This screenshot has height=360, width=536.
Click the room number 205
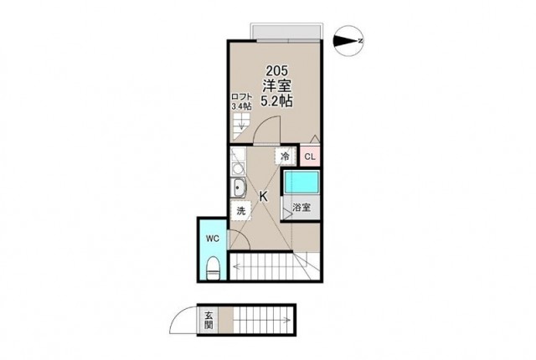277,71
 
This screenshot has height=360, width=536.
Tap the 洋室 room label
277,85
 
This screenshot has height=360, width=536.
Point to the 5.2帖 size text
277,100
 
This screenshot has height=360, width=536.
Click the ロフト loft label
241,96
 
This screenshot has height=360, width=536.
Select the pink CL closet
310,157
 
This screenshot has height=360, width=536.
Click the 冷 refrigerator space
285,157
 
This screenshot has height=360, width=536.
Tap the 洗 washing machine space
241,211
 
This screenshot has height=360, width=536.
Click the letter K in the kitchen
263,197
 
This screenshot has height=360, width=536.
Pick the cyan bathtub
301,182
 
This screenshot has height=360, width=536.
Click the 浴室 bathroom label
301,207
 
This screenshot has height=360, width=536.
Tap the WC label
212,239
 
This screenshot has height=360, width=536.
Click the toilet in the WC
214,268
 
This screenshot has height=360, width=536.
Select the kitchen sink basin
238,188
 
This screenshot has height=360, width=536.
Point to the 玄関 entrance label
209,320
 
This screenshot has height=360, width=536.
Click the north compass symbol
348,41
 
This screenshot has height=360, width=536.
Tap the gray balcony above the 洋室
286,32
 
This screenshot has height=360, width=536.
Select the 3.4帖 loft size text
241,106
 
